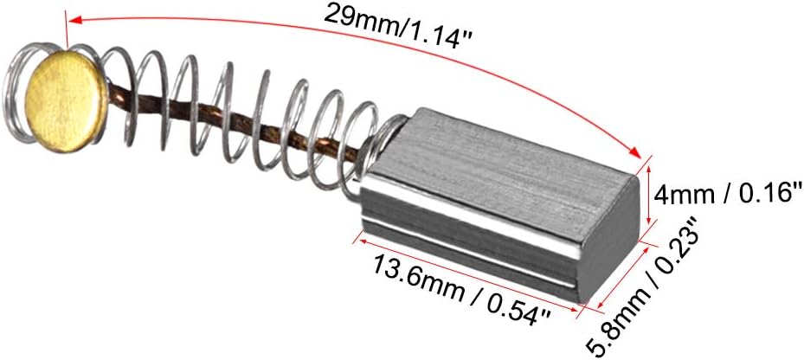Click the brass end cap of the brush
point(66,100)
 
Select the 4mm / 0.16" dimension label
point(727,195)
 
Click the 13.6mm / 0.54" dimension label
point(460,289)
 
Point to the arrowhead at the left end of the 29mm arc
point(75,20)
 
